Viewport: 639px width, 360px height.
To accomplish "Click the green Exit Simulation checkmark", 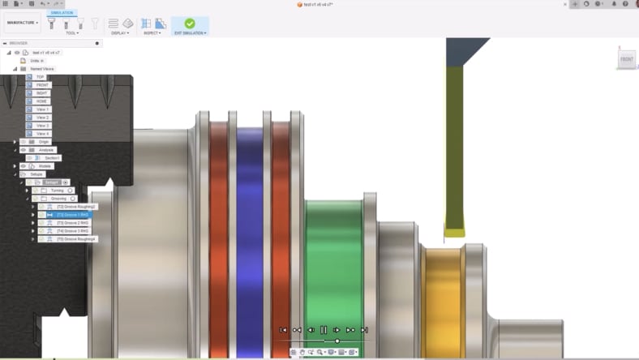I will [x=190, y=24].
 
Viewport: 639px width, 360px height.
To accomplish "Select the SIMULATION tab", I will [x=62, y=13].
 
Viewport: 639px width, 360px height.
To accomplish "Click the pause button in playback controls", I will [x=324, y=330].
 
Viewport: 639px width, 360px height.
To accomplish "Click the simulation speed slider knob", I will [x=337, y=341].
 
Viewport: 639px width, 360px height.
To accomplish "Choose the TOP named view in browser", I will [x=40, y=77].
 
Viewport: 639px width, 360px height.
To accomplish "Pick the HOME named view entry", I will [x=42, y=101].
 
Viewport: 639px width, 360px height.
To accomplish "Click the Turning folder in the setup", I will [x=57, y=191].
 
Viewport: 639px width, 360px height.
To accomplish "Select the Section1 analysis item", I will [x=52, y=158].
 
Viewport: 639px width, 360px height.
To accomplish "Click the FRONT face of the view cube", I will [x=626, y=59].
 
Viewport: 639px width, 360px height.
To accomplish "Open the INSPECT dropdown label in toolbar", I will [x=152, y=33].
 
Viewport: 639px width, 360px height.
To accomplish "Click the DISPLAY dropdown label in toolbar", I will [x=120, y=33].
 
